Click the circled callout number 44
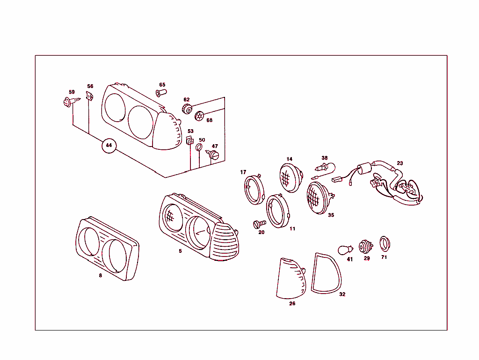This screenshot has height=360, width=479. click(109, 146)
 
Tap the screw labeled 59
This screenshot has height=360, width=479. click(68, 101)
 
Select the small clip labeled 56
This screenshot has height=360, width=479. click(90, 97)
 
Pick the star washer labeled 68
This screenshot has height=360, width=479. click(200, 115)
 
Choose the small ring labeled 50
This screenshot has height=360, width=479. click(199, 148)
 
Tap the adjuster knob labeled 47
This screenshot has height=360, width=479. click(213, 154)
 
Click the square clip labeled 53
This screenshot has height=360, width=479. click(189, 141)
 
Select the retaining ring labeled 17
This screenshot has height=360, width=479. click(254, 190)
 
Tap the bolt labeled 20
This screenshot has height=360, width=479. click(259, 224)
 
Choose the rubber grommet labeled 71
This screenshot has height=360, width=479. click(384, 243)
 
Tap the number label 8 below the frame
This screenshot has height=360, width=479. click(100, 276)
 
